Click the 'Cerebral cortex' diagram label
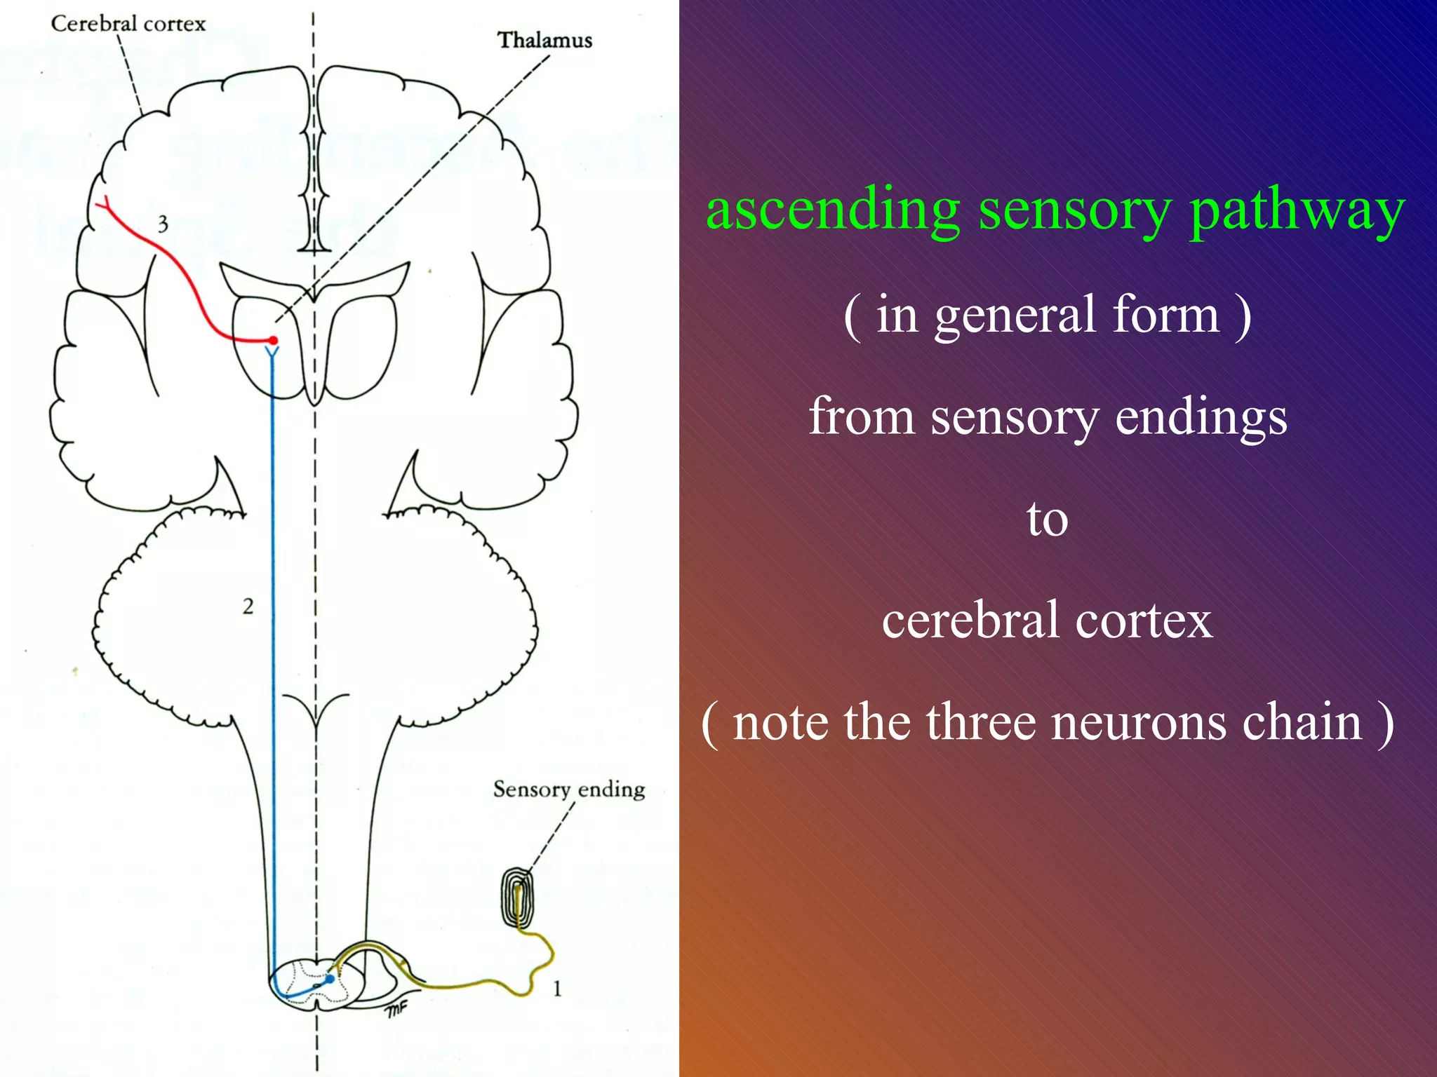[128, 24]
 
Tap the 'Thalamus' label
[545, 41]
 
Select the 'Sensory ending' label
[569, 790]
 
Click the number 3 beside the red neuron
[163, 224]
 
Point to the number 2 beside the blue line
[248, 607]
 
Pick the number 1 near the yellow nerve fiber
[557, 989]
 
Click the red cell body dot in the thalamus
[273, 341]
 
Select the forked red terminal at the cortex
[105, 204]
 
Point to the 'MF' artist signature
[396, 1010]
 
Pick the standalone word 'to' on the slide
[1048, 520]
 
